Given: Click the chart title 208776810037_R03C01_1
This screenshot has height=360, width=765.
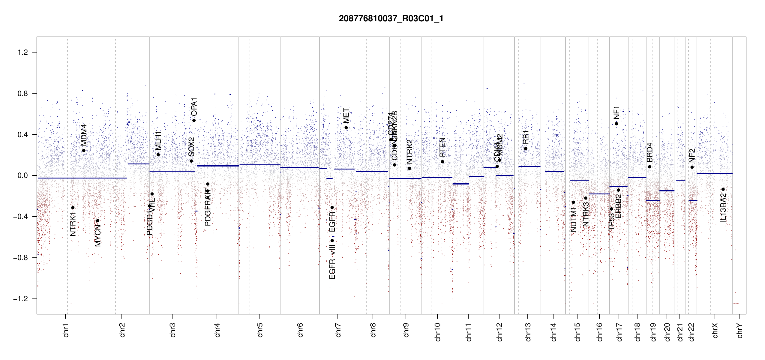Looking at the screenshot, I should pyautogui.click(x=391, y=19).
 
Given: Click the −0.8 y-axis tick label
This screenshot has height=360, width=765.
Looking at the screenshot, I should pyautogui.click(x=20, y=258).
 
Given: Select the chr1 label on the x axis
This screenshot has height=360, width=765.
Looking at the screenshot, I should pyautogui.click(x=66, y=330).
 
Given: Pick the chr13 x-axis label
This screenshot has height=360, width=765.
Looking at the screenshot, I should pyautogui.click(x=528, y=332).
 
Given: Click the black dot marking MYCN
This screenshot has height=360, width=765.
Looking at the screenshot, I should pyautogui.click(x=97, y=221).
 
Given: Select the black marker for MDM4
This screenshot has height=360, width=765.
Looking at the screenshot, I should pyautogui.click(x=84, y=151).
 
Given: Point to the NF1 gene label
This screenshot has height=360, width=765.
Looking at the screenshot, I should pyautogui.click(x=616, y=112).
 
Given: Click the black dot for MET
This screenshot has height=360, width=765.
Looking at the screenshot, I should pyautogui.click(x=346, y=128).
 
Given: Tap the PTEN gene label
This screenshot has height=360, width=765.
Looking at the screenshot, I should pyautogui.click(x=442, y=147).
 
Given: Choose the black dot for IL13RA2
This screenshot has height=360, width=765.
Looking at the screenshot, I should pyautogui.click(x=723, y=189).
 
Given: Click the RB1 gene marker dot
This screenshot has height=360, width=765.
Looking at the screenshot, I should pyautogui.click(x=526, y=148).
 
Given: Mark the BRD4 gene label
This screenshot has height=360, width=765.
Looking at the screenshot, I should pyautogui.click(x=650, y=152).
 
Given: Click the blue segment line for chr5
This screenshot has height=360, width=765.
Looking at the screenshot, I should pyautogui.click(x=260, y=165).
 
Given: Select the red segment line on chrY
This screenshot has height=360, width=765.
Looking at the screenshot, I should pyautogui.click(x=736, y=304).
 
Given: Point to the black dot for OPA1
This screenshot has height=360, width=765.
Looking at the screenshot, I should pyautogui.click(x=194, y=121).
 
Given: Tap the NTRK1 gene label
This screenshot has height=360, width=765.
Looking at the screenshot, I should pyautogui.click(x=73, y=224).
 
